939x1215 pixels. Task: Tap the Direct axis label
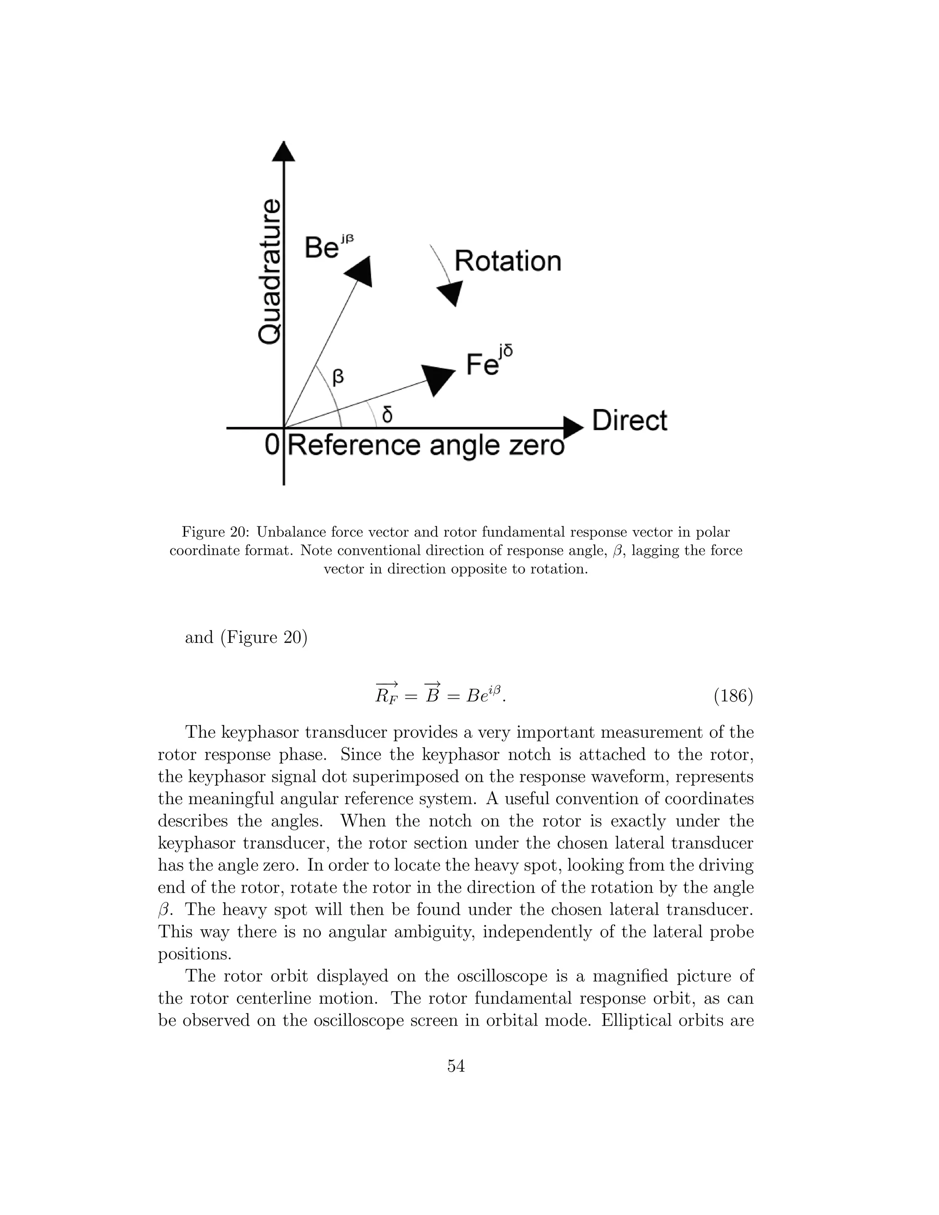click(x=629, y=420)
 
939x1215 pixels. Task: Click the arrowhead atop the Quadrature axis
click(x=284, y=151)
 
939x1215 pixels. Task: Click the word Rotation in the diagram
click(x=508, y=261)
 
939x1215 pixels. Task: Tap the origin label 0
click(x=271, y=445)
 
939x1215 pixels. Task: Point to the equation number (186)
click(x=733, y=696)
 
